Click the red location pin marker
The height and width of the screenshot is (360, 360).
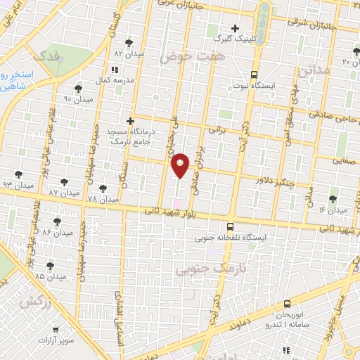(x=181, y=165)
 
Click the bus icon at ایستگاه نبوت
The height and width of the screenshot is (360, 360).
(x=254, y=74)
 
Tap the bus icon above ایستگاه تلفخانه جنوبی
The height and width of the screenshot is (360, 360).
(x=231, y=226)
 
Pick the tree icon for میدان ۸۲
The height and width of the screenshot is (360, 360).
(x=128, y=43)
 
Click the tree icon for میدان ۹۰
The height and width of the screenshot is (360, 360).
(x=78, y=89)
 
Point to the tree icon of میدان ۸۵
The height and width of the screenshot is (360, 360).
(x=49, y=266)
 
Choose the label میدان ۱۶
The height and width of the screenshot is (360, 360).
(x=333, y=210)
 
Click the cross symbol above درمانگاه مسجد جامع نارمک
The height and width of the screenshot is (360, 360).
(x=129, y=121)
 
